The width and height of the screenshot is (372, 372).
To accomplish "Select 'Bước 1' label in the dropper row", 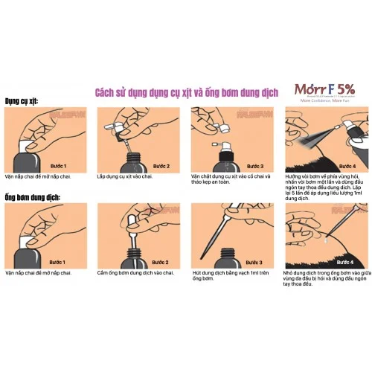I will pos(58,263).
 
